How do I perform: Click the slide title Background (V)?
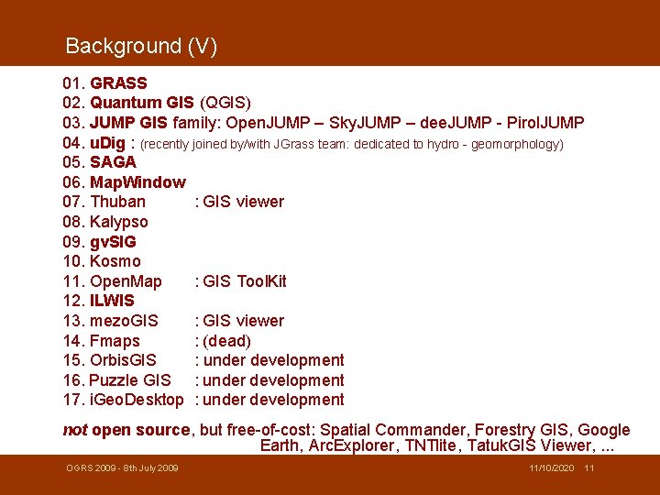(x=141, y=46)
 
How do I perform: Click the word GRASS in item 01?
(x=118, y=83)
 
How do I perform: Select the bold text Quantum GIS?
(x=142, y=103)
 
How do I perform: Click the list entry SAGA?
(x=113, y=162)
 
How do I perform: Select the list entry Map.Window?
(x=137, y=182)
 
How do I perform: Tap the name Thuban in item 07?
(x=117, y=202)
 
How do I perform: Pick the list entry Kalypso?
(x=119, y=222)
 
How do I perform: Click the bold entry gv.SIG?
(x=113, y=242)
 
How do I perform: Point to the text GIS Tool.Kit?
(x=245, y=281)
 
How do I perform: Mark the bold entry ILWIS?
(x=112, y=301)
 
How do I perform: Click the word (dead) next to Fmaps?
(x=227, y=341)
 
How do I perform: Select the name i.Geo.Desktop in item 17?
(x=137, y=400)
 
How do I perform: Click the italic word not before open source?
(x=75, y=430)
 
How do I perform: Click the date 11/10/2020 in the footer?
(x=552, y=468)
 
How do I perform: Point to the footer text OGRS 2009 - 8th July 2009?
(x=122, y=468)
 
